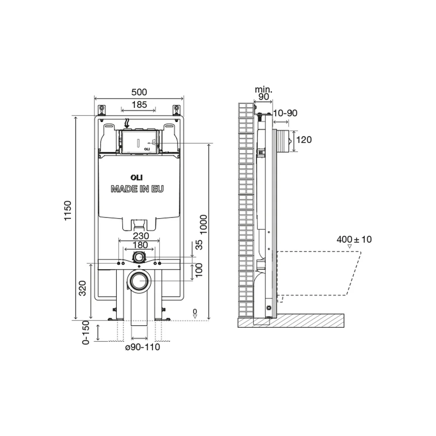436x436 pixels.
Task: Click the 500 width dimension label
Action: (139, 92)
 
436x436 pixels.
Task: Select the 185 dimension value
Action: (139, 105)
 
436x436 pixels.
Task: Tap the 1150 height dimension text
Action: (68, 211)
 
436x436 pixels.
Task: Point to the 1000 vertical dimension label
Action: (204, 225)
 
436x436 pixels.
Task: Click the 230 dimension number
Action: (141, 236)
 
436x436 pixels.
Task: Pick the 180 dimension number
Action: (140, 245)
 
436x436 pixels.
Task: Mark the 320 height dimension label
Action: (82, 288)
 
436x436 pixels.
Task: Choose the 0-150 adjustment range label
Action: (85, 333)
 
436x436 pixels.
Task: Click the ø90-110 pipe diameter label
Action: (143, 347)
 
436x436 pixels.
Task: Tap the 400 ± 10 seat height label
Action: (354, 239)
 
